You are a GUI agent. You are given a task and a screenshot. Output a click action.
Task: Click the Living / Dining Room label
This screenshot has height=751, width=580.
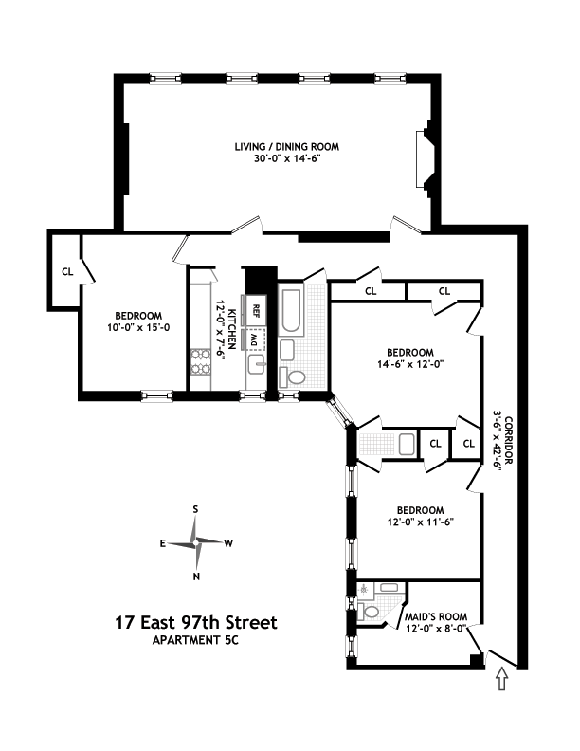point(287,147)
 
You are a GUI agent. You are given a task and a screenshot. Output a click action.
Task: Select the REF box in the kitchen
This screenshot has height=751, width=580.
point(255,310)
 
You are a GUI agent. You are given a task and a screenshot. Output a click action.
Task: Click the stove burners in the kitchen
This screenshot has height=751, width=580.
point(201,361)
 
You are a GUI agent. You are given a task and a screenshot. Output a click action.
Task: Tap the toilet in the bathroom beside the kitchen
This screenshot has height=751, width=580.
point(297,376)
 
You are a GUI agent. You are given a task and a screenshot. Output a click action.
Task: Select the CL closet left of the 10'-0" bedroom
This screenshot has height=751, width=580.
point(67,271)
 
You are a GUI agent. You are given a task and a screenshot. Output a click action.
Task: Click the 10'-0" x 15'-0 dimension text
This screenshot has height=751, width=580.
point(138,329)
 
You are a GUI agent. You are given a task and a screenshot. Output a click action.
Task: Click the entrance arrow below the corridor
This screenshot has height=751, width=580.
point(502,680)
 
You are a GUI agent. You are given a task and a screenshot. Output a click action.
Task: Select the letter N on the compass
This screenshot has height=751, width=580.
point(196,576)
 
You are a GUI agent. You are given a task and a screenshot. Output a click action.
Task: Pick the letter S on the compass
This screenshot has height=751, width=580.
point(195,509)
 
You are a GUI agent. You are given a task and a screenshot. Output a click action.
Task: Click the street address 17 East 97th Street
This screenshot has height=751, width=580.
point(196,623)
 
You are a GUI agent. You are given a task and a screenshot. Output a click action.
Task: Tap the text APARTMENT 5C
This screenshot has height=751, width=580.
point(196,640)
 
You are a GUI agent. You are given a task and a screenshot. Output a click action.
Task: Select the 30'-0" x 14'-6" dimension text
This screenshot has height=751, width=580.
point(287,159)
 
